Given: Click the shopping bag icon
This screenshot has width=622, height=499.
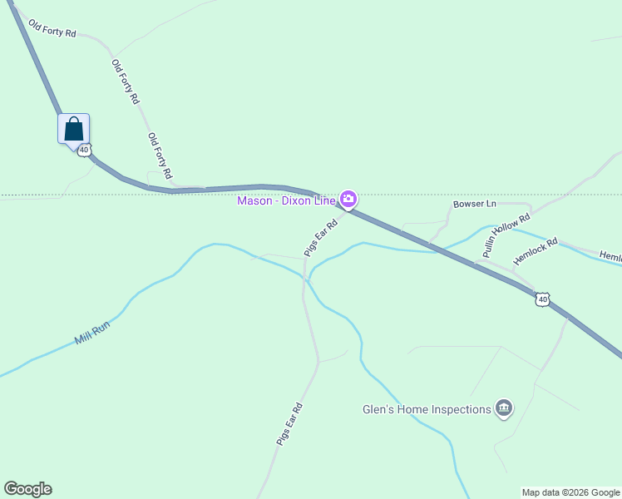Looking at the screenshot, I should click(x=73, y=129).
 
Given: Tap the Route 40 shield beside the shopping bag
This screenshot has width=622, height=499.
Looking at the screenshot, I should click(x=84, y=149).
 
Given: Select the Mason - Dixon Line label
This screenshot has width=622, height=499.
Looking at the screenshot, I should click(x=286, y=200).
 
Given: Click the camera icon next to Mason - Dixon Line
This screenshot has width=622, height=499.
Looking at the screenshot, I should click(x=348, y=199).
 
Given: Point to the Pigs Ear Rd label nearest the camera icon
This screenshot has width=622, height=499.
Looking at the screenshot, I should click(x=321, y=236).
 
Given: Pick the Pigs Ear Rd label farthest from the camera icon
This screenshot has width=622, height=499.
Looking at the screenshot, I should click(x=289, y=425).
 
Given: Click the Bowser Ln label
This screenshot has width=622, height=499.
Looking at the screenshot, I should click(x=474, y=204).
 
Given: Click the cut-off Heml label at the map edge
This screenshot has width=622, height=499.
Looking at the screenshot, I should click(x=611, y=258).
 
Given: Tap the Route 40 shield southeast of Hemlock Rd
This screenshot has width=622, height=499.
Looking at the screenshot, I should click(x=542, y=299).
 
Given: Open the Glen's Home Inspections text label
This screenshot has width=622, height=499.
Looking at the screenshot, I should click(x=427, y=409).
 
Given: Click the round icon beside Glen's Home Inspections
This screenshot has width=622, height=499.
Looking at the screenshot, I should click(x=503, y=408).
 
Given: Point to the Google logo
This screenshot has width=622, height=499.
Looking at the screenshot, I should click(x=27, y=489).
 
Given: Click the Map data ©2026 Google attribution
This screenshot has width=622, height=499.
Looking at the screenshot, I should click(x=570, y=492).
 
